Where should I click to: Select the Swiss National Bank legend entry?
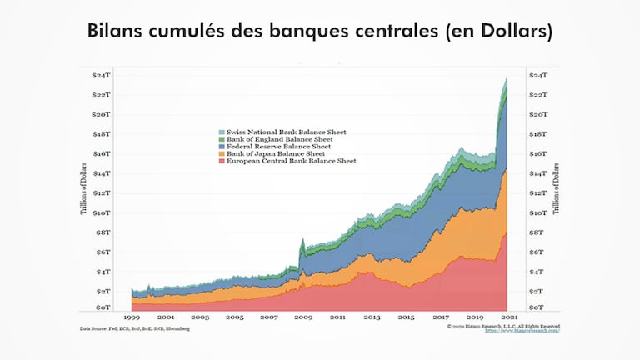283,132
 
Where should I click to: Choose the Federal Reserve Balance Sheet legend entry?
281,146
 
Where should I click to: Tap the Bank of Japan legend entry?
276,153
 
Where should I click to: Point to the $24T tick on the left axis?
103,75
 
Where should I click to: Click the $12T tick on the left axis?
103,192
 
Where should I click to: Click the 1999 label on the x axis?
132,317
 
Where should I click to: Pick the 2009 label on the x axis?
303,317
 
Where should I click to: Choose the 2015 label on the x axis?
406,317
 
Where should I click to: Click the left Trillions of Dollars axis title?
85,192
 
